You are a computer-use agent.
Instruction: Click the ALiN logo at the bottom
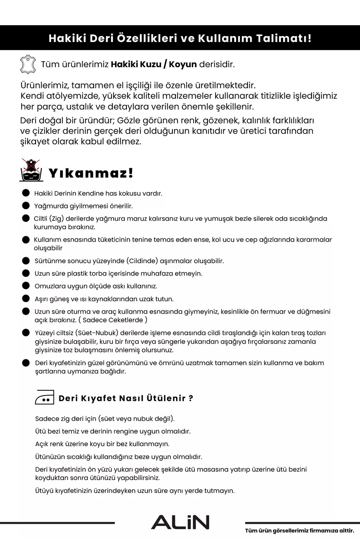[x=180, y=522]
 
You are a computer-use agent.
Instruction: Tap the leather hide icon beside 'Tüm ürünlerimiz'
[x=28, y=64]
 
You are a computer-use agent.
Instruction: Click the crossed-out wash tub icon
[x=31, y=170]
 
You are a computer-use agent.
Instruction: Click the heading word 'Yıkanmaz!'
[x=91, y=173]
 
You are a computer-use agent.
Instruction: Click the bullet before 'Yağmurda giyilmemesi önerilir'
[x=26, y=206]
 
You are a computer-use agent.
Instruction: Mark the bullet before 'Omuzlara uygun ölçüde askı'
[x=26, y=286]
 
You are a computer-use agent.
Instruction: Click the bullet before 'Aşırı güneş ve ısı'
[x=26, y=298]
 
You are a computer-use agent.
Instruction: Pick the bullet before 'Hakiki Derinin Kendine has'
[x=26, y=193]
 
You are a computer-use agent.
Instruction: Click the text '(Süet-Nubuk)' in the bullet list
[x=96, y=333]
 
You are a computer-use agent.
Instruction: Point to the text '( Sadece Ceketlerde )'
[x=113, y=320]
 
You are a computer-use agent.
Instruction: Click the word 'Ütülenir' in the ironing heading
[x=166, y=398]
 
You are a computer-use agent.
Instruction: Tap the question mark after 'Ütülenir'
[x=191, y=398]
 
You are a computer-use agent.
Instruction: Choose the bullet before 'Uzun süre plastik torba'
[x=26, y=273]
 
